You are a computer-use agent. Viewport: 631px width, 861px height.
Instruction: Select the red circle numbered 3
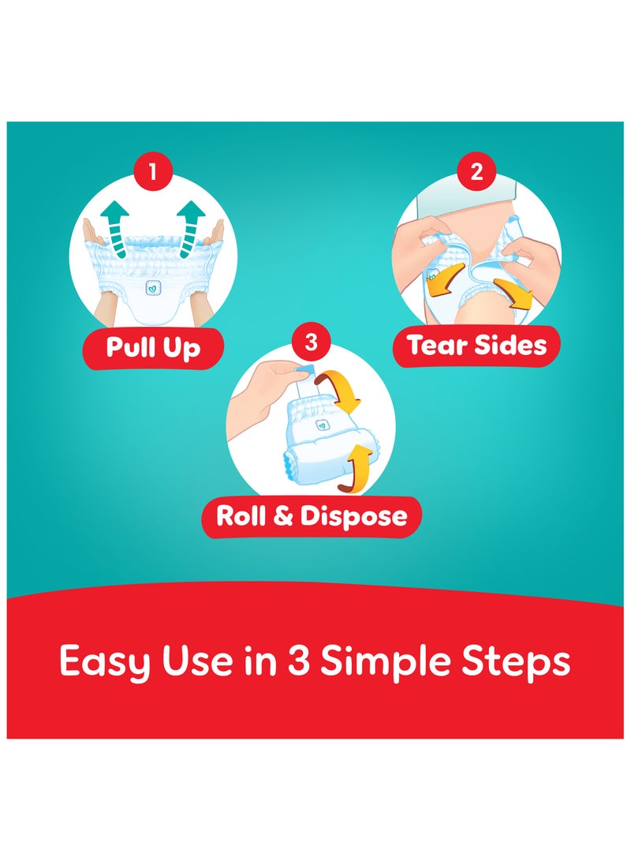[x=311, y=343]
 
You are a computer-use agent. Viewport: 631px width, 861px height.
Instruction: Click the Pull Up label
[x=153, y=348]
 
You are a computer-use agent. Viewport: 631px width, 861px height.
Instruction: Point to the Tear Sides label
[x=476, y=345]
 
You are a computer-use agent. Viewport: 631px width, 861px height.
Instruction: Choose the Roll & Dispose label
[x=312, y=516]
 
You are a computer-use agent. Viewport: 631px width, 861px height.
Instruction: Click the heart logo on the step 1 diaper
[x=153, y=289]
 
